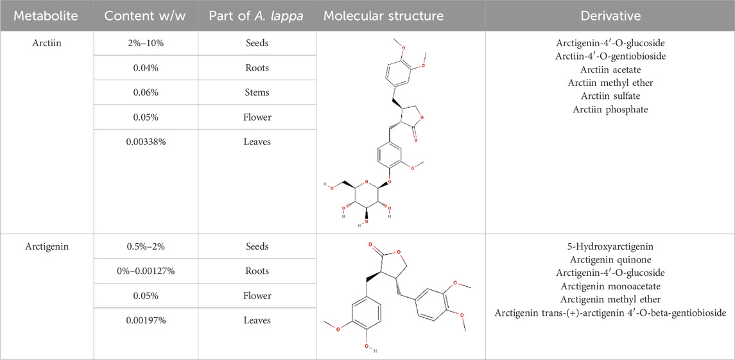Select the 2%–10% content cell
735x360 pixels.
[x=145, y=43]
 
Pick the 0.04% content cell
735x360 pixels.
[x=145, y=68]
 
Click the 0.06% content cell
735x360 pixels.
[x=145, y=92]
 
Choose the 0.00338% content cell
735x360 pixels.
[x=145, y=142]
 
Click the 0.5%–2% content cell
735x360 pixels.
[x=145, y=246]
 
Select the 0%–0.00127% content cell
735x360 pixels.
[x=145, y=271]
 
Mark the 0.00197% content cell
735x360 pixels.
[x=145, y=320]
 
